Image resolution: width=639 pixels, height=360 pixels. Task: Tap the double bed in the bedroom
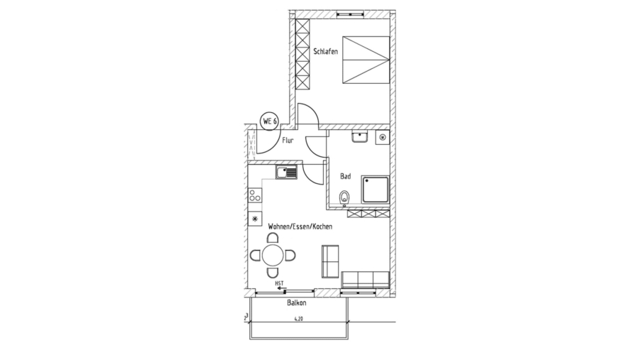[x=366, y=60]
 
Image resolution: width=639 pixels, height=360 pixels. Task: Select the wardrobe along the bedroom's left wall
[x=303, y=55]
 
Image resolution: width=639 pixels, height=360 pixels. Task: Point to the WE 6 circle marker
[x=269, y=121]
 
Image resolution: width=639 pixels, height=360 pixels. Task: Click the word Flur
[x=288, y=141]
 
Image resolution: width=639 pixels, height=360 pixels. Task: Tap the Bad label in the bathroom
[x=346, y=175]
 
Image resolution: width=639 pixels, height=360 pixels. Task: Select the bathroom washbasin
[x=359, y=137]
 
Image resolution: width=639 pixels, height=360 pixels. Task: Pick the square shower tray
[x=375, y=189]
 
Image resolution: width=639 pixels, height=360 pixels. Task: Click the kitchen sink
[x=288, y=172]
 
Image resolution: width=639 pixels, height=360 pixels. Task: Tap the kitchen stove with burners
[x=254, y=195]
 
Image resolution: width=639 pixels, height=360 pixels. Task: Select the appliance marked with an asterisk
[x=254, y=219]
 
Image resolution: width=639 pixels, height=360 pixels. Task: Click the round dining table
[x=273, y=254]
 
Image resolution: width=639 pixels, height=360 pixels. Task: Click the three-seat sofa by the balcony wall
[x=366, y=280]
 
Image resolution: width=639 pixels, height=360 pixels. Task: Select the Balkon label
[x=297, y=302]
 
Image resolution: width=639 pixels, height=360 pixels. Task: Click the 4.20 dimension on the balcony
[x=297, y=319]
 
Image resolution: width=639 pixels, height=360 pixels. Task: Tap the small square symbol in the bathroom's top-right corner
[x=383, y=136]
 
